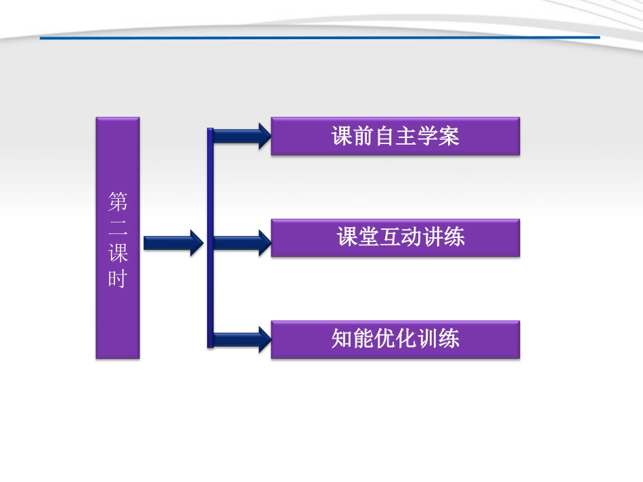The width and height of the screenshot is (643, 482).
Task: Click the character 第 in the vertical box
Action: point(118,201)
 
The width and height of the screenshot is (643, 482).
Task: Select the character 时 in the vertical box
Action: point(118,279)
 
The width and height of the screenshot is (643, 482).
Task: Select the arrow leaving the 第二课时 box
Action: point(173,241)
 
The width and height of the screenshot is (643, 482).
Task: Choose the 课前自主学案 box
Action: point(395,137)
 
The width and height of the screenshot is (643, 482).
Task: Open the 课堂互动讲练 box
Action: point(395,238)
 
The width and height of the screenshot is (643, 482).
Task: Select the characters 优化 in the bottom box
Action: point(395,338)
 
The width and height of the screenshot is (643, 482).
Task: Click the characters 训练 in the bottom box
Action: point(438,338)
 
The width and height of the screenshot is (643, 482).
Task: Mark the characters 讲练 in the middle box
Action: point(443,238)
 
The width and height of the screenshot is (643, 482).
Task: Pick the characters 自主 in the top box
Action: point(395,137)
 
